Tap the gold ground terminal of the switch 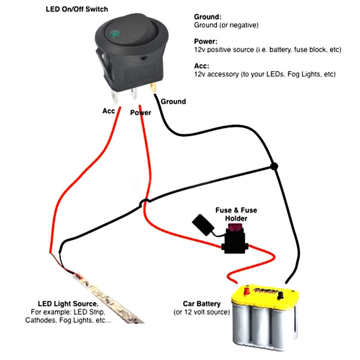click(x=153, y=88)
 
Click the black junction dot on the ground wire click(x=274, y=166)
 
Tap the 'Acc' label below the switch click(x=109, y=111)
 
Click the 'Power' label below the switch click(x=141, y=113)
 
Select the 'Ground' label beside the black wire click(x=173, y=102)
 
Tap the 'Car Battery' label click(x=202, y=304)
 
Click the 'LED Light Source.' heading click(x=68, y=304)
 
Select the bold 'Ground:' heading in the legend click(x=208, y=17)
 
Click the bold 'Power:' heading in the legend click(x=206, y=41)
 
